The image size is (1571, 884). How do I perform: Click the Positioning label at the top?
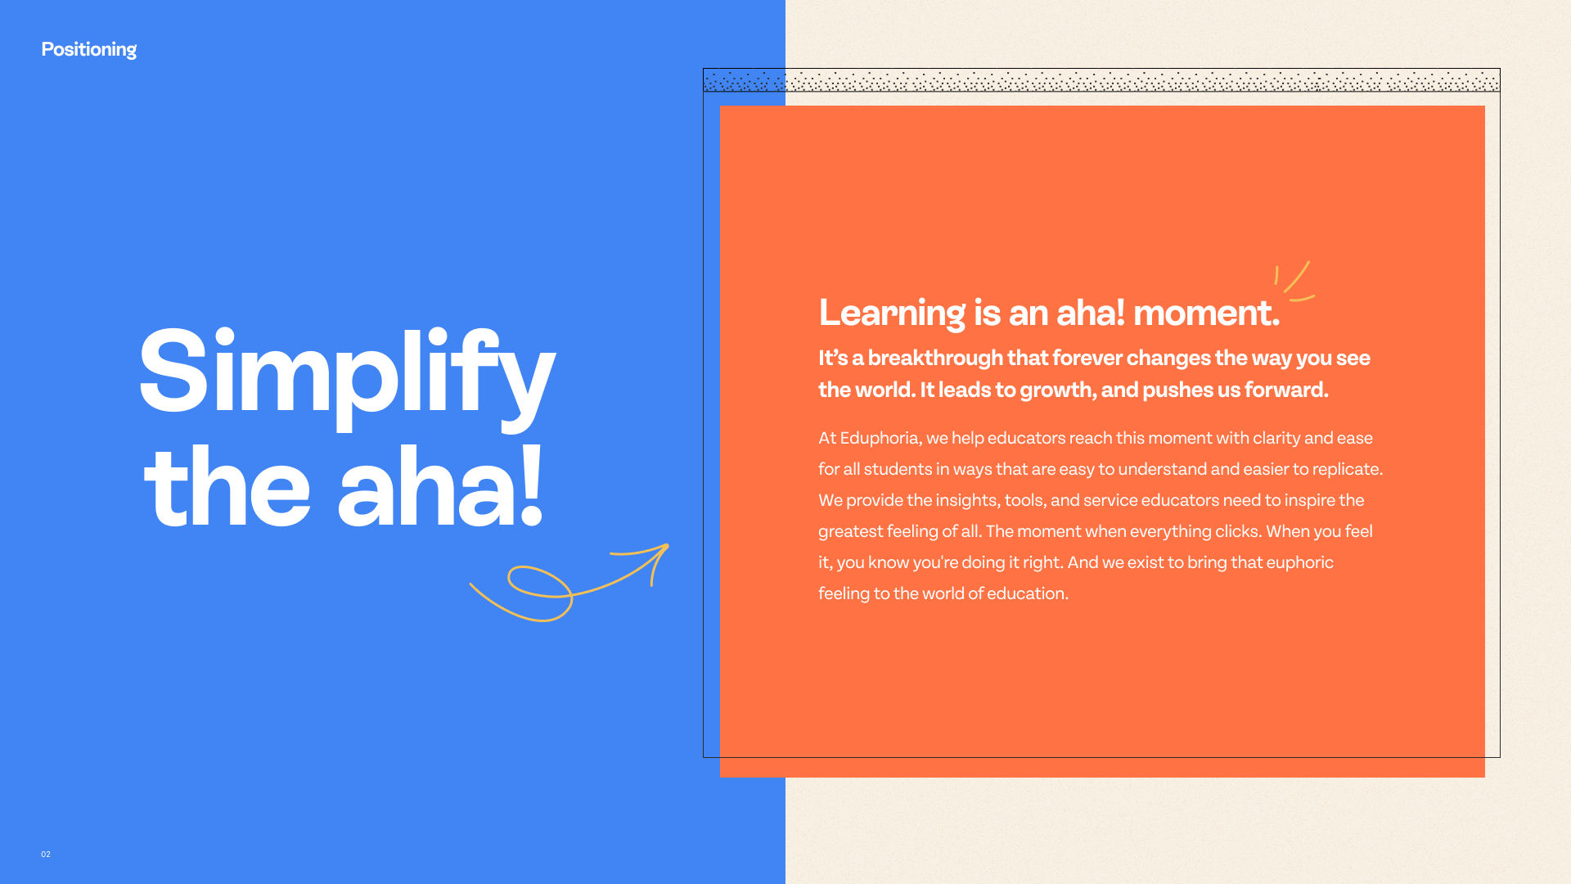[x=89, y=50]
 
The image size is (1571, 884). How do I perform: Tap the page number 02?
[x=46, y=855]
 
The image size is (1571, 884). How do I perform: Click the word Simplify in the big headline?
[x=347, y=376]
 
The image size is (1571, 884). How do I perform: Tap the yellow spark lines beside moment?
[x=1294, y=281]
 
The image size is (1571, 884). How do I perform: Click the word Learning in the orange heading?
[x=892, y=313]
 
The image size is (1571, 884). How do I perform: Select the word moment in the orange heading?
[x=1206, y=313]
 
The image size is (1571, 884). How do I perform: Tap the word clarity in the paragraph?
[x=1276, y=439]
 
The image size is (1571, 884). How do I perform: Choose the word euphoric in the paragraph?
[x=1300, y=563]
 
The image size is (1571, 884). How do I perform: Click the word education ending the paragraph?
[x=1028, y=594]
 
